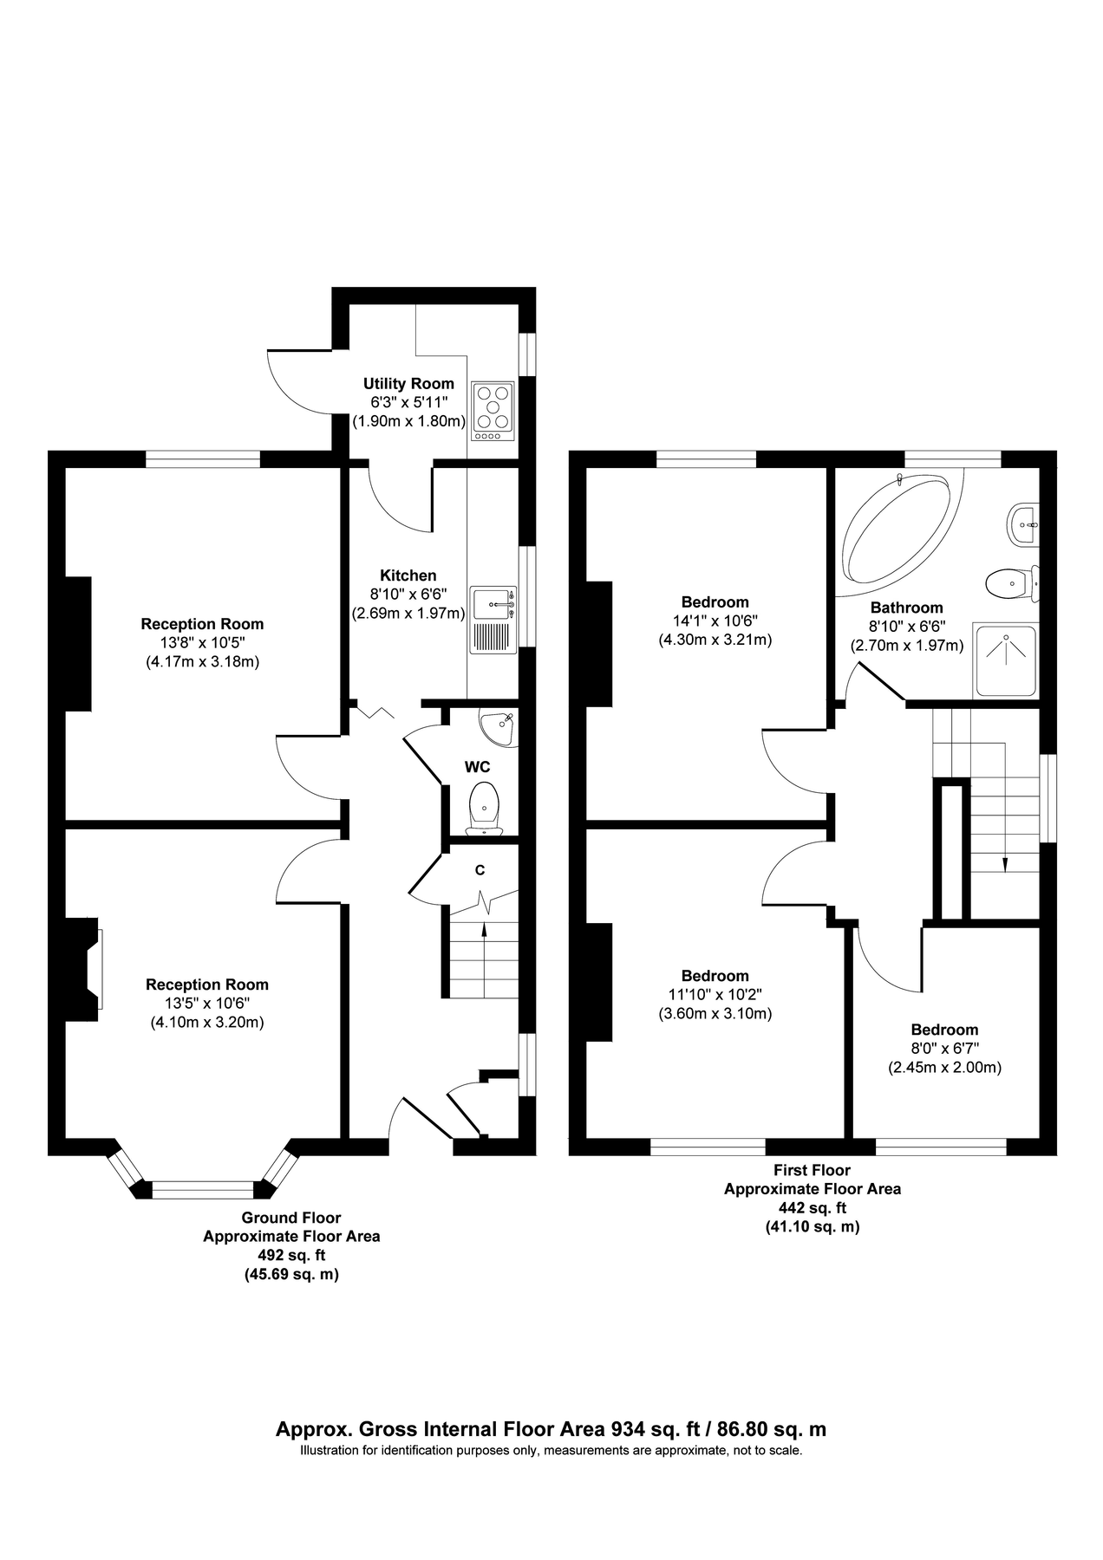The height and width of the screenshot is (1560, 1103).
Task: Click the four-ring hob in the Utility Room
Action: point(493,411)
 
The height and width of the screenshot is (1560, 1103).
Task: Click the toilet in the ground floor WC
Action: point(484,808)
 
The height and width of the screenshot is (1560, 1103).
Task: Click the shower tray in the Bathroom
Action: point(1005,660)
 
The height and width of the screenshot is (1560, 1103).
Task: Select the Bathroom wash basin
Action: point(1023,523)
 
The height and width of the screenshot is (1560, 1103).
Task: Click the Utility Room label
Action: point(408,384)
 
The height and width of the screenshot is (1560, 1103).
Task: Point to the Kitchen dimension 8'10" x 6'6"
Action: point(408,595)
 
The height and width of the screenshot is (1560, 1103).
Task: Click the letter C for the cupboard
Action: point(480,870)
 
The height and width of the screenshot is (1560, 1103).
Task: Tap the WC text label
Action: point(478,767)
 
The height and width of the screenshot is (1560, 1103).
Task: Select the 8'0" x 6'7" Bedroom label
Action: point(944,1030)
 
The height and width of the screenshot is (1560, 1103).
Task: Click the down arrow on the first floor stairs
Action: point(1005,863)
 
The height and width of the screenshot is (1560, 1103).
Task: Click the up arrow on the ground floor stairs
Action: point(483,930)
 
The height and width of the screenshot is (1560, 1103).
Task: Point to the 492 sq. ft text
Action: point(291,1255)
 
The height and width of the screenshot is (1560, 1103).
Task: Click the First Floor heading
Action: point(812,1170)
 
